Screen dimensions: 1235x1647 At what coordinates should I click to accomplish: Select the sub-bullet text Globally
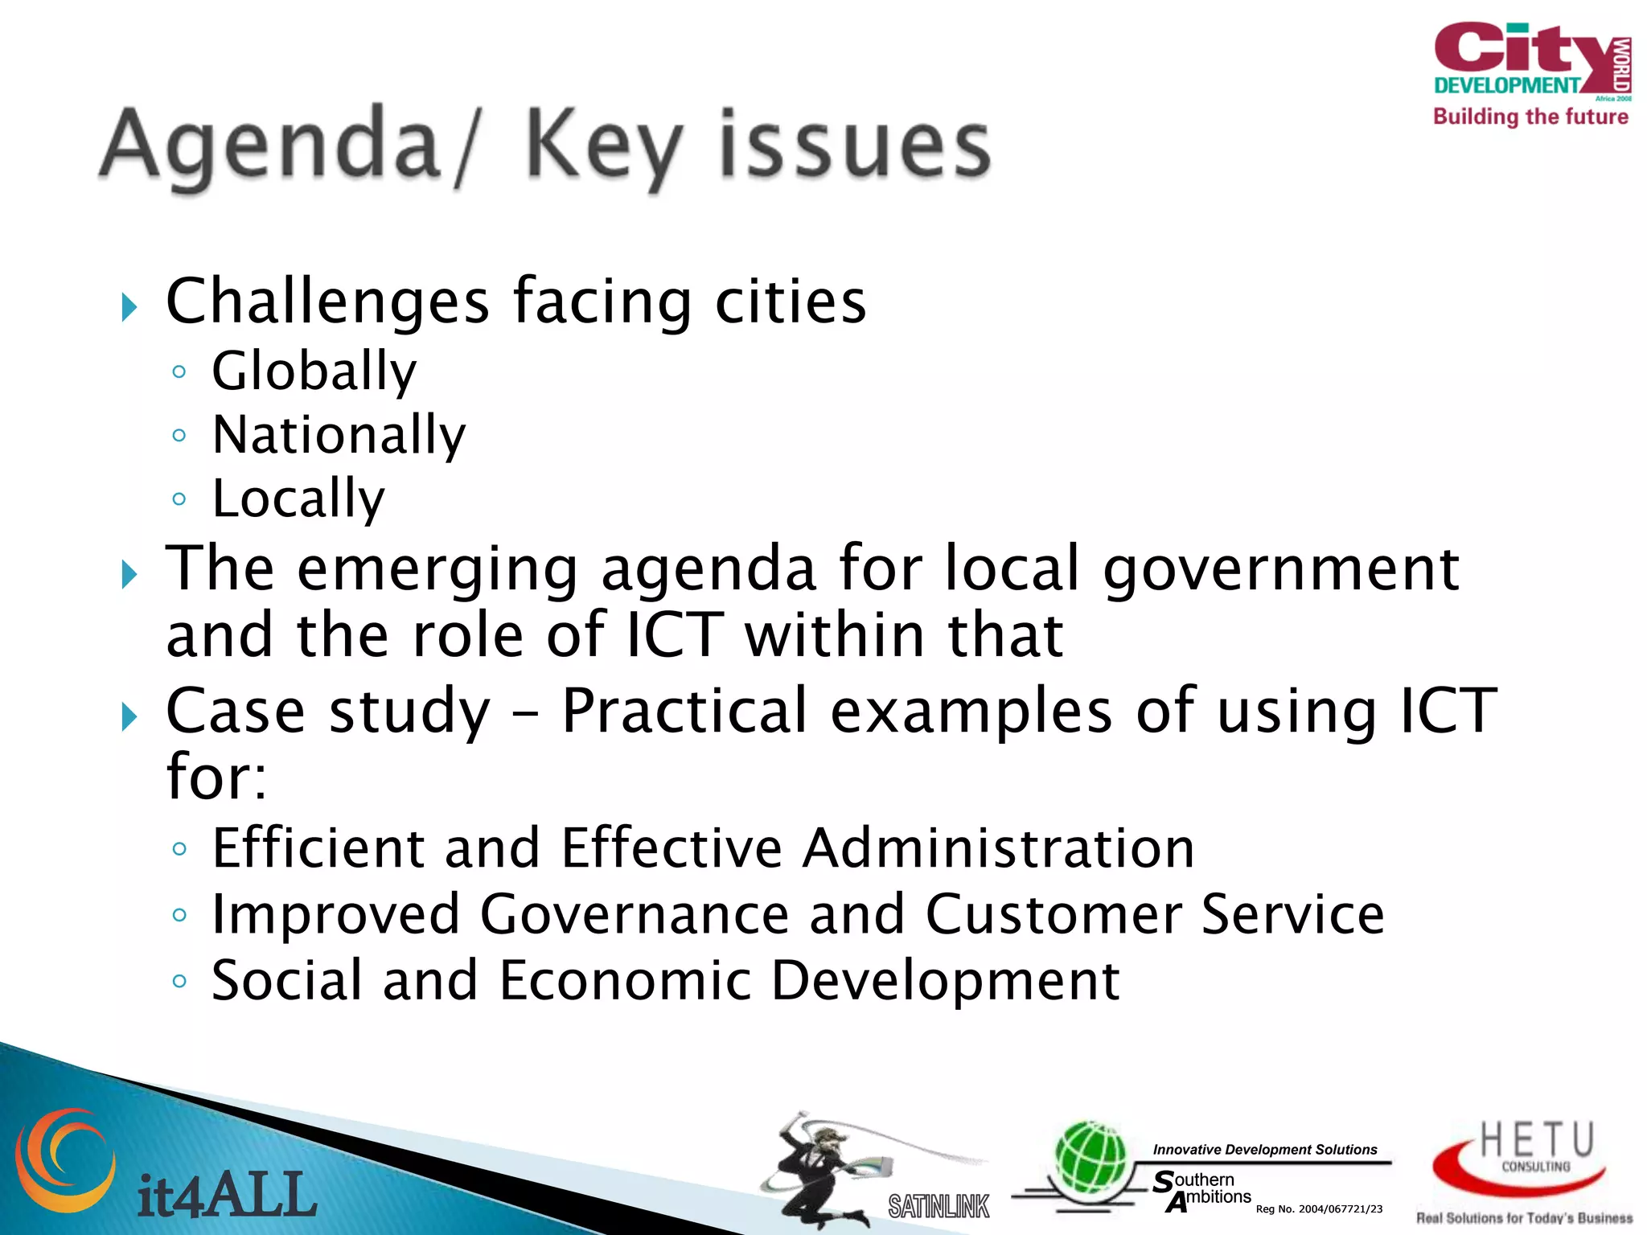[314, 372]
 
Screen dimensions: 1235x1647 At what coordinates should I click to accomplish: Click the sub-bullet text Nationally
[339, 436]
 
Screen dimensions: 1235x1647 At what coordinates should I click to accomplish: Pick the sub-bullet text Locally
[298, 499]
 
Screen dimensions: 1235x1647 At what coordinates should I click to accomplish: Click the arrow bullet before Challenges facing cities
[129, 306]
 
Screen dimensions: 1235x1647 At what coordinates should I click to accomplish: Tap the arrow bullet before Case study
[129, 716]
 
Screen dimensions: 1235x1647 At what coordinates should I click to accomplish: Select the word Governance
[635, 915]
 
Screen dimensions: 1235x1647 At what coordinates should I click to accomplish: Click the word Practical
[684, 712]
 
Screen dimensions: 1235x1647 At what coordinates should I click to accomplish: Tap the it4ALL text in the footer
[228, 1195]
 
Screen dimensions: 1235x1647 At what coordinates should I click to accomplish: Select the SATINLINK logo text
[939, 1206]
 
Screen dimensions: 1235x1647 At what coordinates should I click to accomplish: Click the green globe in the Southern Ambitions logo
[1091, 1159]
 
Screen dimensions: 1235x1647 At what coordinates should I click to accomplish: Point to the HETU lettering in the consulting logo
[1536, 1140]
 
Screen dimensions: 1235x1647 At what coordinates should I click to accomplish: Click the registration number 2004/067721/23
[1340, 1209]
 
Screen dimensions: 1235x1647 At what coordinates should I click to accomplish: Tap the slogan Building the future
[1530, 117]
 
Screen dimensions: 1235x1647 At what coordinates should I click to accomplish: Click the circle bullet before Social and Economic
[179, 981]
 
